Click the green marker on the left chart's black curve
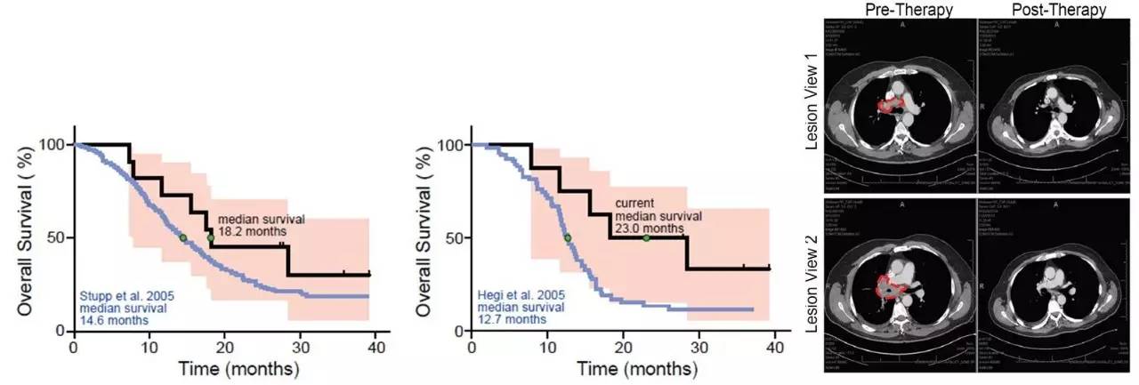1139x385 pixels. tap(211, 237)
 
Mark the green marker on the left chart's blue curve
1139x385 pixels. tap(183, 237)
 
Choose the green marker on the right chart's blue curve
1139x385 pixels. tap(568, 237)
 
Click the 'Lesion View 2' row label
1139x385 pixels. tap(812, 284)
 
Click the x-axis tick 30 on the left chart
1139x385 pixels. tap(300, 346)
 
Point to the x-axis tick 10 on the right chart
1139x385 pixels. tap(547, 346)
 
